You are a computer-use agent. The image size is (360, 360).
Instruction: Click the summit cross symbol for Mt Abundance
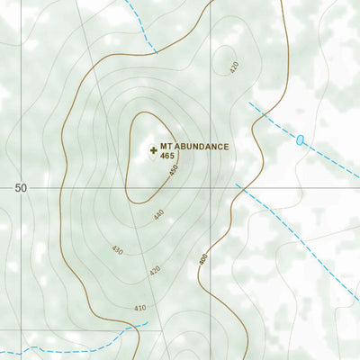pos(153,148)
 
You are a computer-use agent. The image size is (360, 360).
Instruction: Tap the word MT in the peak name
pos(166,147)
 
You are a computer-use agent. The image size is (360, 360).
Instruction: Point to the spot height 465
pos(167,157)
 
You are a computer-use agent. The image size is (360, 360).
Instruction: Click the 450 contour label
pos(174,169)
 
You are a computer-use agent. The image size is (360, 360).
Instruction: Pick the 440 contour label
pos(159,214)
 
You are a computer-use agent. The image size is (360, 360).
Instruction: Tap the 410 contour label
pos(139,309)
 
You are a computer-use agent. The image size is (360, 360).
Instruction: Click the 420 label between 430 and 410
pos(155,269)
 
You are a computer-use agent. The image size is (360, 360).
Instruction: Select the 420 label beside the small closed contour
pos(235,67)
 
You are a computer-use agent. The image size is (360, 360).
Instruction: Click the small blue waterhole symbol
pos(301,139)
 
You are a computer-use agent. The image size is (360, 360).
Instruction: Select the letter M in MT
pos(163,147)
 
